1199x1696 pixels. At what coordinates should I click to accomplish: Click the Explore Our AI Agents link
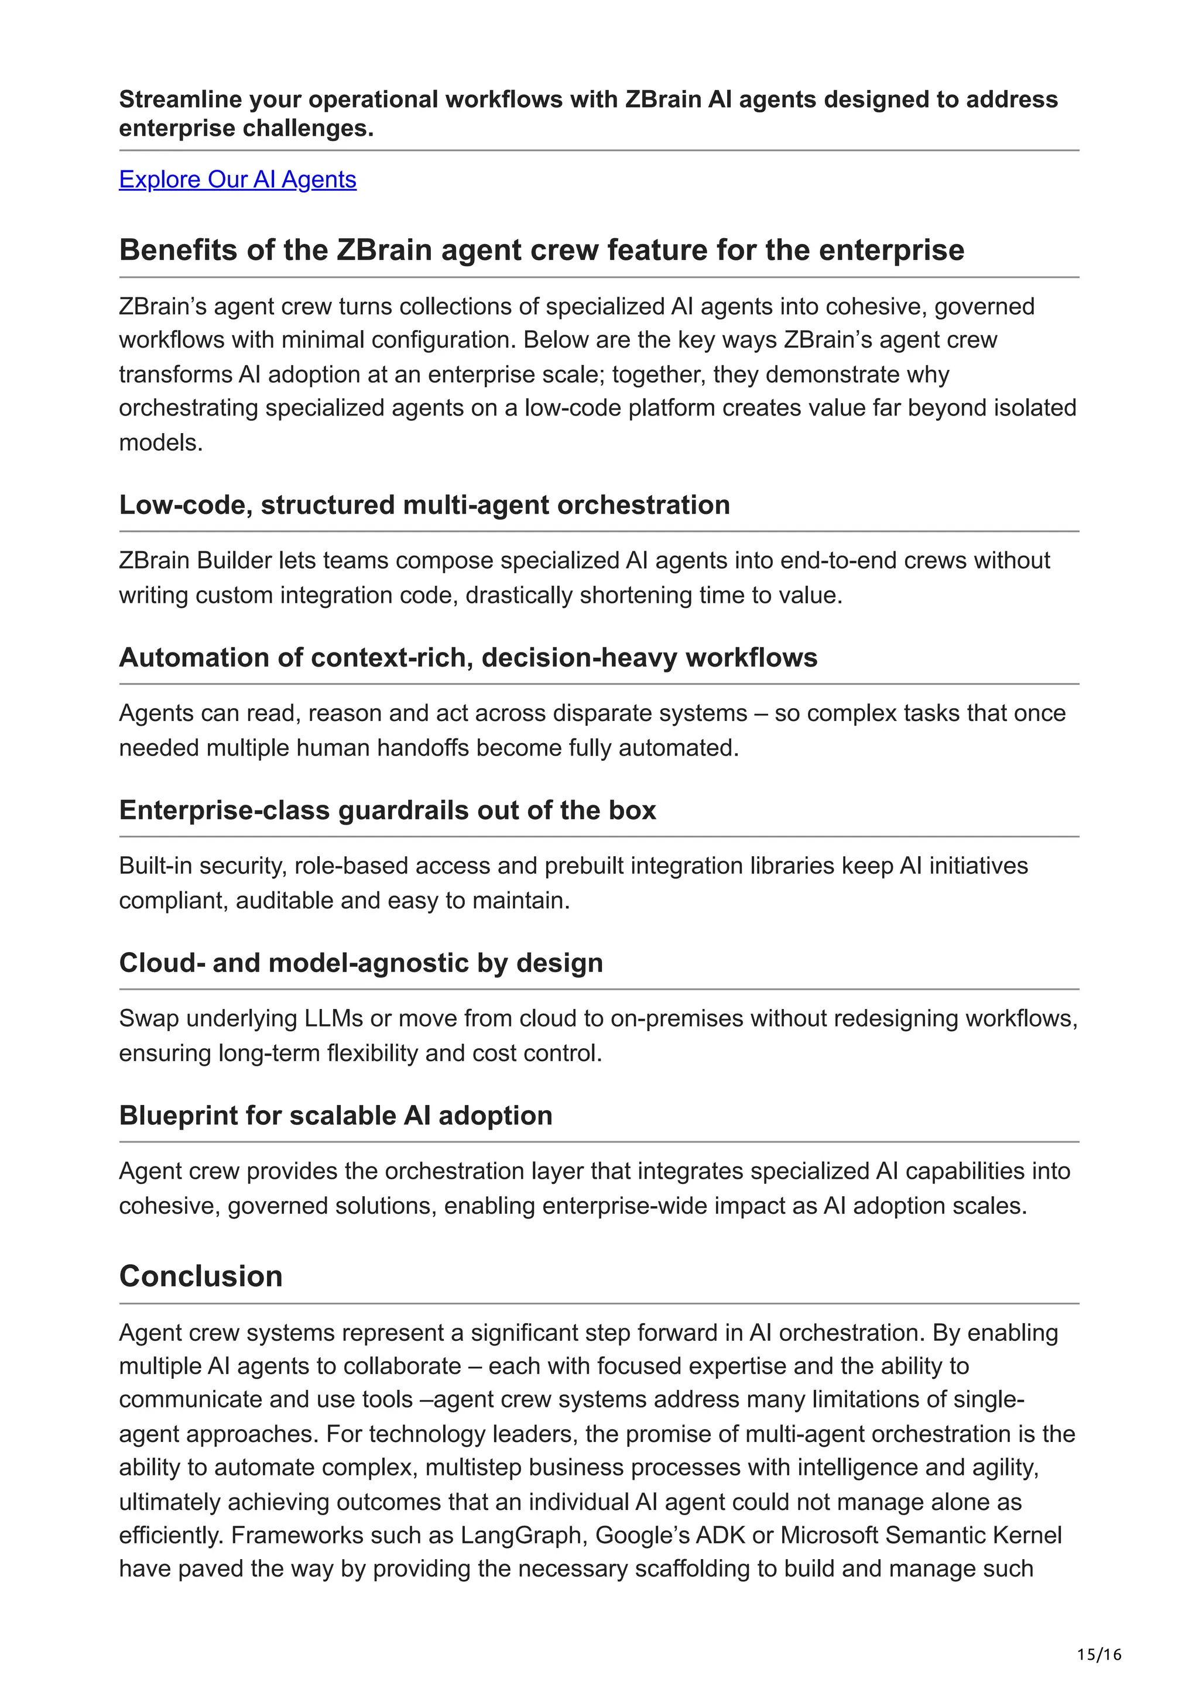(x=237, y=180)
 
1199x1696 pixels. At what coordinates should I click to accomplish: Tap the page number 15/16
(x=1098, y=1654)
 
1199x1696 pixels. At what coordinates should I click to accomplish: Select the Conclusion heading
(x=201, y=1276)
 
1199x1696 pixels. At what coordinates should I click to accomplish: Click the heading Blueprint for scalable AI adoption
(x=335, y=1115)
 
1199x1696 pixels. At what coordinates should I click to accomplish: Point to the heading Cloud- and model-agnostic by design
(x=361, y=963)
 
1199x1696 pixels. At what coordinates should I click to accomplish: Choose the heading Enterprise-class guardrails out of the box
(x=387, y=811)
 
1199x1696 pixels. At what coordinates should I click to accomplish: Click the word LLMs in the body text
(x=333, y=1019)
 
